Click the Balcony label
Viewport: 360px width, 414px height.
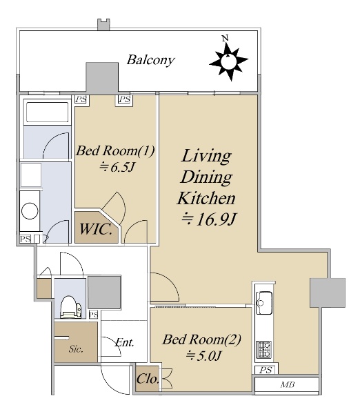point(150,60)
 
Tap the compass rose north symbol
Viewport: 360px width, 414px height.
point(228,60)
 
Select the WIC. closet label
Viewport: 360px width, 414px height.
point(96,229)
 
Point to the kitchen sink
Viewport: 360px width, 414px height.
point(264,303)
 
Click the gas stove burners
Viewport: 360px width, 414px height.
point(264,348)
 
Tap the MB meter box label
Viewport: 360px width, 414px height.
point(287,385)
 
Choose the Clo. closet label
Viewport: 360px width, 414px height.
point(148,379)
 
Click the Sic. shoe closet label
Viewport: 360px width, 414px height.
point(76,349)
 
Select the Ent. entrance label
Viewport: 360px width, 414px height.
point(125,342)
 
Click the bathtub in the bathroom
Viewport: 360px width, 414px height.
point(47,112)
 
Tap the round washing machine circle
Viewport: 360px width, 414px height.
point(30,210)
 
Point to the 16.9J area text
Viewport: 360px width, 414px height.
point(208,219)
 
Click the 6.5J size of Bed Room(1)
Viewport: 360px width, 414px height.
point(117,167)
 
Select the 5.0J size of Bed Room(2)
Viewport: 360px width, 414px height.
point(203,355)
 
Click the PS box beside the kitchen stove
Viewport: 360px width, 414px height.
point(266,370)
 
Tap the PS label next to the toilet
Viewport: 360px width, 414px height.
point(93,315)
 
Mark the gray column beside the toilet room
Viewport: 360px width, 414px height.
point(105,292)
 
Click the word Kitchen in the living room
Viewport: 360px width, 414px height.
point(206,198)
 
